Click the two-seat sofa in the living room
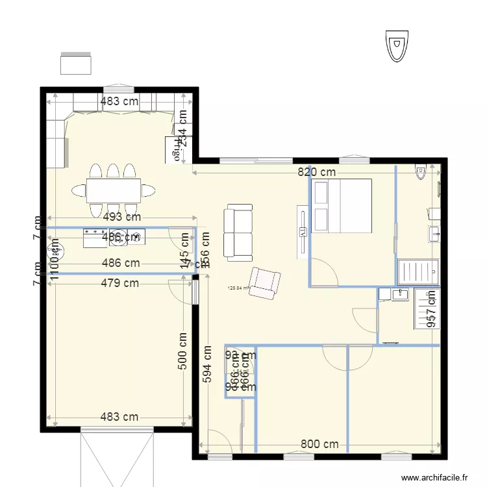click(x=238, y=232)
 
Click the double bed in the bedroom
click(x=342, y=205)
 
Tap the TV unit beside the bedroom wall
click(x=302, y=232)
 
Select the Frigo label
click(x=175, y=149)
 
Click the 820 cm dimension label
click(x=317, y=172)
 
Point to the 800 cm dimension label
click(x=319, y=444)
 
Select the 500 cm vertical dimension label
click(x=182, y=352)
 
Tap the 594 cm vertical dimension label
click(x=206, y=363)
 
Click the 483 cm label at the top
click(x=119, y=101)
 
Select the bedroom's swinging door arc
click(x=325, y=273)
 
